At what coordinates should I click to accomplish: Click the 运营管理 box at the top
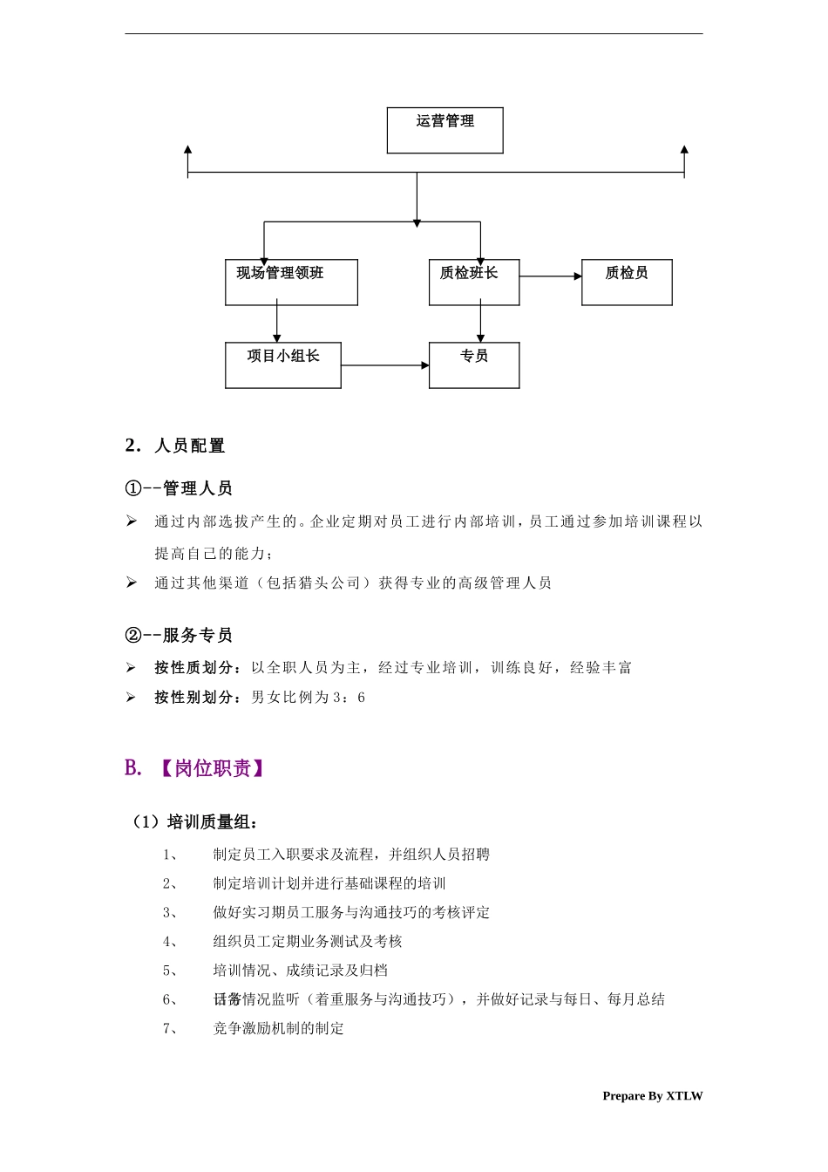445,130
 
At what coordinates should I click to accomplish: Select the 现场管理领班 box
291,282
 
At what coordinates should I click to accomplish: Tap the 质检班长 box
474,282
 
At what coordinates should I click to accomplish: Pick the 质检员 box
627,282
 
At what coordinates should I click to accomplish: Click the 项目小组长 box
282,365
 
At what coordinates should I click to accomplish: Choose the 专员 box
474,365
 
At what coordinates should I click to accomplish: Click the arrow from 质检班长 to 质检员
551,276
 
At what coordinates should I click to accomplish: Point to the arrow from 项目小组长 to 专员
384,365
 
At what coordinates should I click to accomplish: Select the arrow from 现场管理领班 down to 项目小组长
277,324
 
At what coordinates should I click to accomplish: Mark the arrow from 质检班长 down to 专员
480,324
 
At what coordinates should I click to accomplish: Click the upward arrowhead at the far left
188,152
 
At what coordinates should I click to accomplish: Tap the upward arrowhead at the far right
684,152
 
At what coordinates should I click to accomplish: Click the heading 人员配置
189,446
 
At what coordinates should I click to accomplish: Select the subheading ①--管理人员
180,488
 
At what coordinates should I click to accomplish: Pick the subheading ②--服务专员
180,635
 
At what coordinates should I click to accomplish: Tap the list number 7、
170,1028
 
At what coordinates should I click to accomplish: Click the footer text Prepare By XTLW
652,1096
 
